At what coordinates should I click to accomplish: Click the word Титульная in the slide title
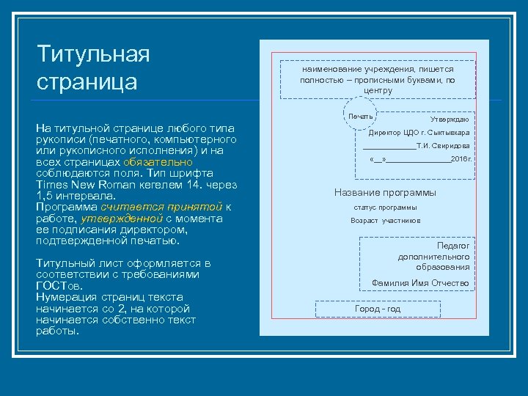[x=93, y=54]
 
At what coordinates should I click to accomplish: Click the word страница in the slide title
[x=87, y=80]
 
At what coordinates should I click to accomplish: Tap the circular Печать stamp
[x=361, y=117]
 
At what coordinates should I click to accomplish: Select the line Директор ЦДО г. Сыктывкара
[x=419, y=133]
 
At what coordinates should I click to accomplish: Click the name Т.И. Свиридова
[x=443, y=146]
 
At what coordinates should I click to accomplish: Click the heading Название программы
[x=385, y=193]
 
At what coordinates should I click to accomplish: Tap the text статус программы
[x=385, y=208]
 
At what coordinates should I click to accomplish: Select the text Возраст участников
[x=385, y=221]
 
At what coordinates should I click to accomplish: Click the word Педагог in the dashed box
[x=453, y=246]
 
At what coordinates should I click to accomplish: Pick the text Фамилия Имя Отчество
[x=420, y=283]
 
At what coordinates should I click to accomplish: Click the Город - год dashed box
[x=378, y=309]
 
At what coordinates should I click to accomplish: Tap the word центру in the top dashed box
[x=378, y=91]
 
